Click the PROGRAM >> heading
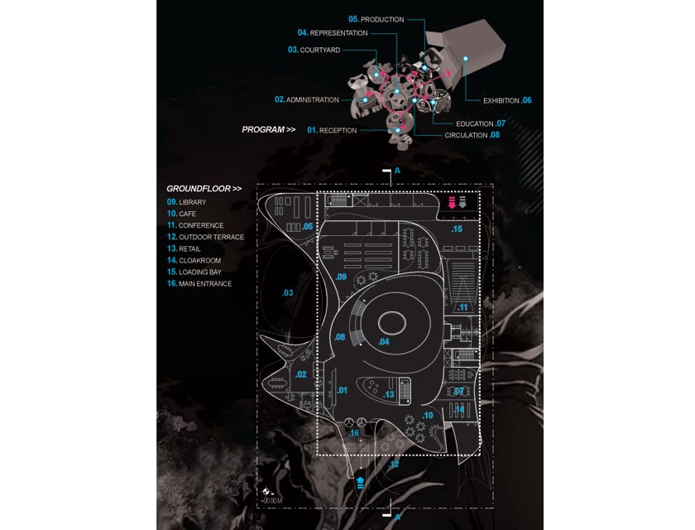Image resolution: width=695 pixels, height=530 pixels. (269, 129)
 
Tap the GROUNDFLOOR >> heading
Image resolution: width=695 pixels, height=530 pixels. (204, 189)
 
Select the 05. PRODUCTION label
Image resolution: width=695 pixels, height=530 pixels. (376, 19)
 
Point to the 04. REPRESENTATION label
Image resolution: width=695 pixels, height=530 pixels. (333, 32)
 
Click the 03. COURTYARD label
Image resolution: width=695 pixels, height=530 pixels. (314, 50)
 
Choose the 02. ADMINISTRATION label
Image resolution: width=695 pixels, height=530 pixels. (307, 99)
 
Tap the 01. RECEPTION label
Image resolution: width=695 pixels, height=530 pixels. (332, 130)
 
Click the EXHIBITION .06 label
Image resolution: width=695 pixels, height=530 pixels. (507, 100)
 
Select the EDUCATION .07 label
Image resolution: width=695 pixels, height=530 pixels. (481, 123)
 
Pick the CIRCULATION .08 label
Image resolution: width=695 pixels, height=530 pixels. (472, 135)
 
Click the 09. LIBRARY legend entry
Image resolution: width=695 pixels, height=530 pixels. (187, 202)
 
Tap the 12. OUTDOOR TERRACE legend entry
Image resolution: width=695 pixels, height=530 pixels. (206, 237)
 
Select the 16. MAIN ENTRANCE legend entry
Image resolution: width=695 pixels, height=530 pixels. (199, 283)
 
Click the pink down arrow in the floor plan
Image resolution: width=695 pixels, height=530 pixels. (452, 202)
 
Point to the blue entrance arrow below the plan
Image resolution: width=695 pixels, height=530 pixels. (361, 483)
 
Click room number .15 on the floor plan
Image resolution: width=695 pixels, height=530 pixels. (457, 229)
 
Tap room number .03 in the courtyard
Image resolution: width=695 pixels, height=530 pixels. (288, 292)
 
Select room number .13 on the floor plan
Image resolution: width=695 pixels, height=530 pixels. (389, 394)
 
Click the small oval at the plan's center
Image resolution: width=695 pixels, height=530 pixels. (392, 322)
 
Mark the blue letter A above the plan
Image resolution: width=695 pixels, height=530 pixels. (398, 171)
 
